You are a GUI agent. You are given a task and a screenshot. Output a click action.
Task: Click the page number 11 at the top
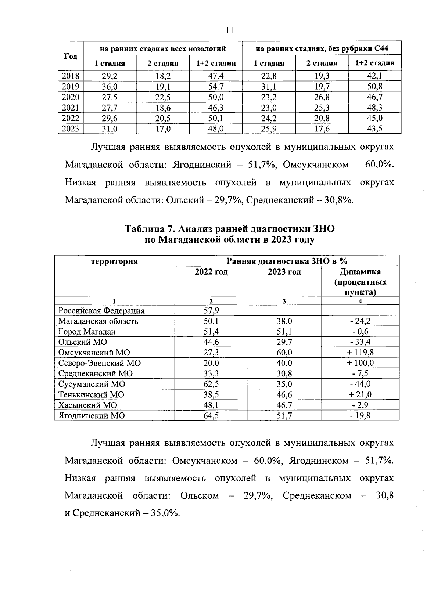point(229,30)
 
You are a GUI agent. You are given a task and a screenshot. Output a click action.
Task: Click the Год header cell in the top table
point(71,56)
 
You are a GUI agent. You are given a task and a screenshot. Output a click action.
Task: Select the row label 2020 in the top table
point(71,97)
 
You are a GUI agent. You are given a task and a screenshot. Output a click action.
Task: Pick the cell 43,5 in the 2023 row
point(374,129)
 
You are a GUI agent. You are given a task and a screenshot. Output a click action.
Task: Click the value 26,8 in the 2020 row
point(322,97)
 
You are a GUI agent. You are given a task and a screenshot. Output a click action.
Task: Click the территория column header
point(114,261)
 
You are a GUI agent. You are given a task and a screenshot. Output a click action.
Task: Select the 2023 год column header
point(284,272)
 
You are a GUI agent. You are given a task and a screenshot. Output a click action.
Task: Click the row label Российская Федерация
point(101,311)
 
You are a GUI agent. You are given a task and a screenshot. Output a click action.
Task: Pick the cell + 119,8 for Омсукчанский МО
point(360,353)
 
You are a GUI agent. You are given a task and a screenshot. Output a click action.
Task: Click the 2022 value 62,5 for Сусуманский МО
point(211,384)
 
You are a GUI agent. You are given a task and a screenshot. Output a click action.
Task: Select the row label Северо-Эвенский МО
point(100,363)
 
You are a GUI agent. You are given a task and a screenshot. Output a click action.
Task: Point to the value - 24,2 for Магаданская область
point(360,321)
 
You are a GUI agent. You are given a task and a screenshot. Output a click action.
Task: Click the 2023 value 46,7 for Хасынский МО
point(284,405)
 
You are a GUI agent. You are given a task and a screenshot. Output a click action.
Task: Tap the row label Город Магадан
point(87,332)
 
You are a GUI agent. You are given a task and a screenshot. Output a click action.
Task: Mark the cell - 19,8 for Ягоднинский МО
point(360,416)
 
